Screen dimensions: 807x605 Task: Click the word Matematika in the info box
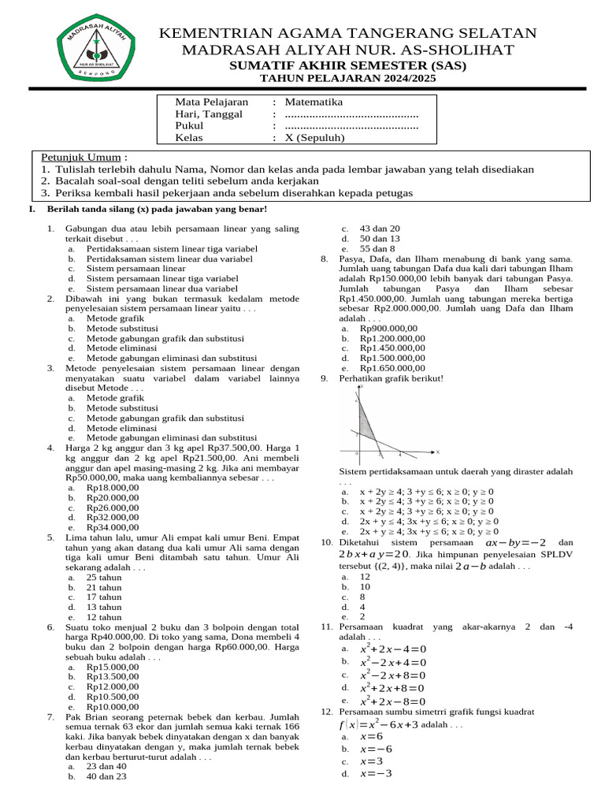pos(314,102)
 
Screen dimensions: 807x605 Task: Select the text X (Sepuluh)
pos(315,137)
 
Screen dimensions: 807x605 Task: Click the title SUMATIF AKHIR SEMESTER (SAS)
pos(347,66)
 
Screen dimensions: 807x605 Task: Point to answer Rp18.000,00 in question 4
pos(113,488)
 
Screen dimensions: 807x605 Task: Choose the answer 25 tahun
pos(104,577)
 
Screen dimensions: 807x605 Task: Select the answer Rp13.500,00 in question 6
pos(113,676)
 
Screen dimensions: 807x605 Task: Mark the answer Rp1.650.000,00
pos(392,367)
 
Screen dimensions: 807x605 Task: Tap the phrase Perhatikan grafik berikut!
pos(391,378)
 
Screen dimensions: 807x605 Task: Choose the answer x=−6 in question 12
pos(376,748)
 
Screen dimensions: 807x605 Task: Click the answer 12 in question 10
pos(365,576)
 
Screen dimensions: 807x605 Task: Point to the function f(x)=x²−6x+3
pos(379,723)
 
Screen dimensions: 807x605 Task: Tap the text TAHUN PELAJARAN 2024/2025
pos(347,80)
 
